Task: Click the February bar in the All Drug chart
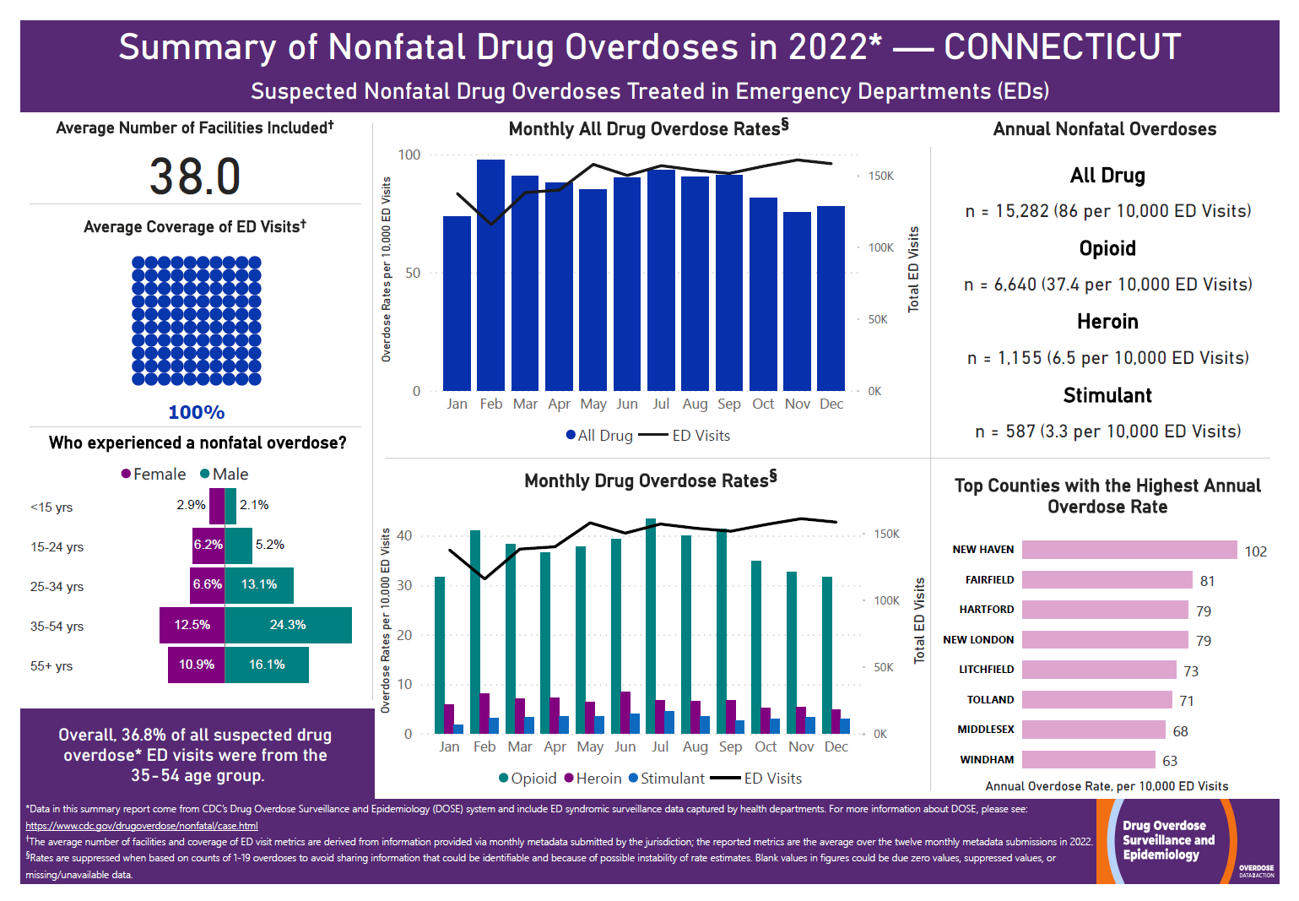(x=490, y=274)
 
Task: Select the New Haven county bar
(x=1129, y=550)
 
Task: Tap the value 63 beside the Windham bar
(x=1169, y=761)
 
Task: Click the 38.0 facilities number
(x=195, y=176)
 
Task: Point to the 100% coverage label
(x=196, y=412)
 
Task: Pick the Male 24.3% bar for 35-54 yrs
(x=288, y=625)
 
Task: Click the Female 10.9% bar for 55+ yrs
(x=196, y=665)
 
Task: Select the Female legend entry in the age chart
(x=154, y=474)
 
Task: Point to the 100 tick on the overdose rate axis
(x=409, y=155)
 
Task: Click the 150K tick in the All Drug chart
(x=880, y=176)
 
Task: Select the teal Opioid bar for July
(x=651, y=626)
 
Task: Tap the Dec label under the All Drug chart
(x=831, y=404)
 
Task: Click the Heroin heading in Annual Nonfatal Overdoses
(x=1107, y=322)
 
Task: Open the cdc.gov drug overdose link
(x=142, y=826)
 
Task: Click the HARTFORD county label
(x=986, y=610)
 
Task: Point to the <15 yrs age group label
(x=51, y=507)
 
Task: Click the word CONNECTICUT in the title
(x=1062, y=47)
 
